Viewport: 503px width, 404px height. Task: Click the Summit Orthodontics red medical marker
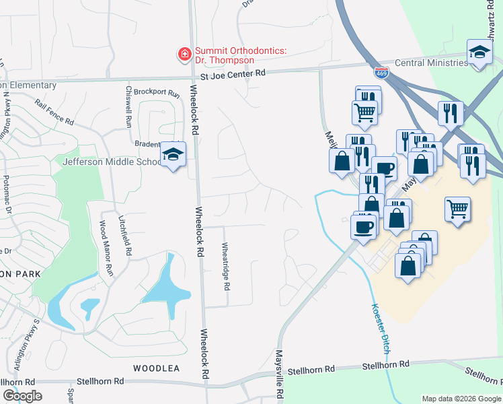click(183, 53)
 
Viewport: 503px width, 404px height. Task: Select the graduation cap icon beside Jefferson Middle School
click(173, 156)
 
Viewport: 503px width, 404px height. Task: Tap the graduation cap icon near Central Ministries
click(479, 53)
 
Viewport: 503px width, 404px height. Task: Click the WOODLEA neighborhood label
click(156, 368)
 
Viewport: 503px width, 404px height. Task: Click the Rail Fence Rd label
click(54, 112)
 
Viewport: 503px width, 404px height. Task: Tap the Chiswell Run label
click(128, 106)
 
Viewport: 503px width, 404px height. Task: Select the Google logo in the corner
click(22, 395)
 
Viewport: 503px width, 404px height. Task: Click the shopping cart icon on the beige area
click(457, 209)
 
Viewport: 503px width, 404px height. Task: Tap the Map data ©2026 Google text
click(461, 399)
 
